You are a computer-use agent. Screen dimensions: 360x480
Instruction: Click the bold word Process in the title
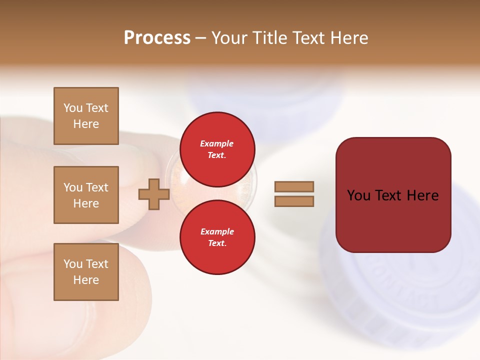[157, 38]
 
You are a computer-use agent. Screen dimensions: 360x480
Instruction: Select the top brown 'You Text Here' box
[86, 116]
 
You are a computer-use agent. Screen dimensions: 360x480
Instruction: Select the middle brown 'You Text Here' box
[86, 195]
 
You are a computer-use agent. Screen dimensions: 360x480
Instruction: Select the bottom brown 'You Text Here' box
[86, 271]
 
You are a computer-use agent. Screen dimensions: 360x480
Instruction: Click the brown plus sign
[153, 194]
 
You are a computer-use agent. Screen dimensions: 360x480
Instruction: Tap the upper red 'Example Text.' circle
[217, 149]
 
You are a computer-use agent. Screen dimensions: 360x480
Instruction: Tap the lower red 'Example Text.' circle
[217, 237]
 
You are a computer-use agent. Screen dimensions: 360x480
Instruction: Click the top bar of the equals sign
[294, 187]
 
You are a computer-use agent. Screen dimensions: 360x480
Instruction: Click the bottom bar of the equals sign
[294, 201]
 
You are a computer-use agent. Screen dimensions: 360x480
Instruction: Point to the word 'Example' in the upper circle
[217, 143]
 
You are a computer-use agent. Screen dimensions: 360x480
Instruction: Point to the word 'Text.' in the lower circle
[217, 243]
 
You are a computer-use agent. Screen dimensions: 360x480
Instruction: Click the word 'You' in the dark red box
[358, 195]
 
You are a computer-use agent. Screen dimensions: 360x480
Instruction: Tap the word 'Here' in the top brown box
[86, 124]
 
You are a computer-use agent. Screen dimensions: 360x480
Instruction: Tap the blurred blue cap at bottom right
[400, 290]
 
